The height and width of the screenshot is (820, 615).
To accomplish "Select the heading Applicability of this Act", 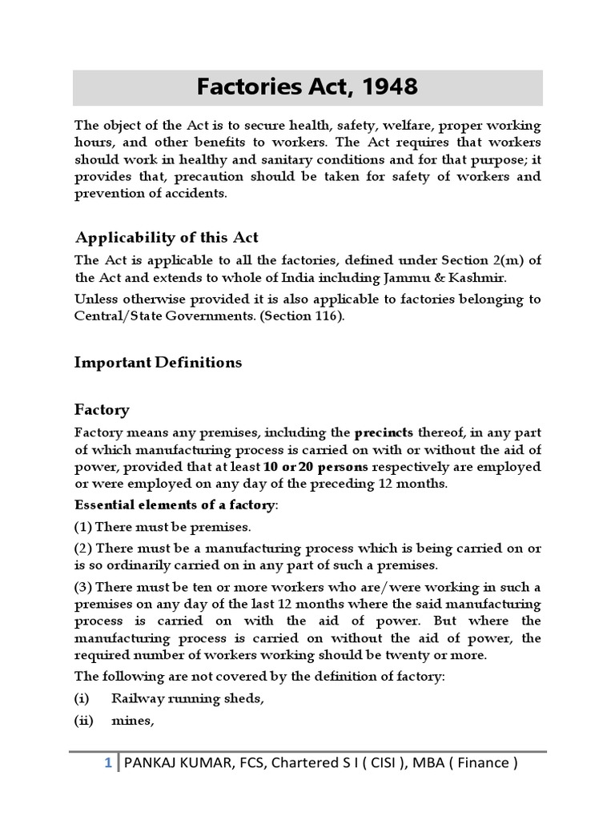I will [167, 237].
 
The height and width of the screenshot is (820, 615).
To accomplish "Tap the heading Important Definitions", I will [158, 362].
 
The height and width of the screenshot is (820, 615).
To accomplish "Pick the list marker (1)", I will [82, 527].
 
